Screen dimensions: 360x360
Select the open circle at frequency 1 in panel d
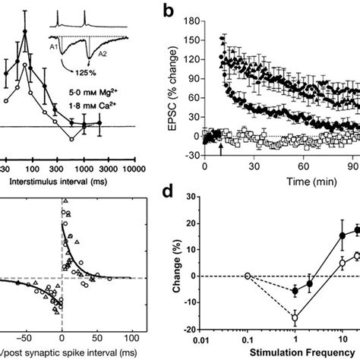(x=295, y=317)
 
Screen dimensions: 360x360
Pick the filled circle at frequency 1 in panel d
(x=295, y=291)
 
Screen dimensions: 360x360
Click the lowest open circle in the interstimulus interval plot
(x=71, y=140)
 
